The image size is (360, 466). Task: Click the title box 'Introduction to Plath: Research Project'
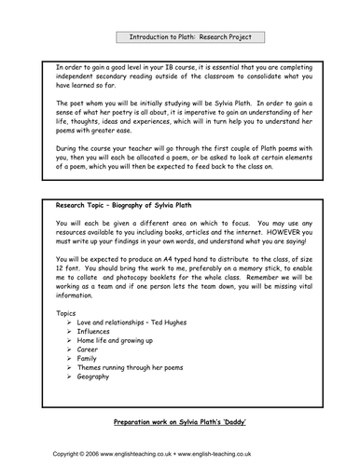coord(183,36)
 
